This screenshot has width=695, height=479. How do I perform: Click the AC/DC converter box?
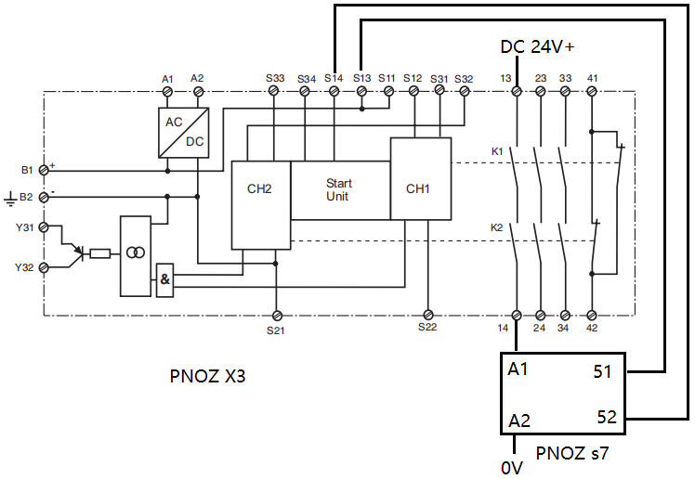coord(183,133)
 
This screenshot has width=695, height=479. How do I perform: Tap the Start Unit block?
coord(338,189)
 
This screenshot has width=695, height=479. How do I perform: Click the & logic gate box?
coord(165,279)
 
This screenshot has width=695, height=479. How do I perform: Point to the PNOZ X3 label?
coord(208,377)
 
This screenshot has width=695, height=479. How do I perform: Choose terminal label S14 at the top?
coord(334,78)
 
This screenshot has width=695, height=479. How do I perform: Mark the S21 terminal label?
coord(276,330)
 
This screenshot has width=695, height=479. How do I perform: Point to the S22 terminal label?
coord(427,328)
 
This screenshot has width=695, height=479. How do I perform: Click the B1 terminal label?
coord(26,171)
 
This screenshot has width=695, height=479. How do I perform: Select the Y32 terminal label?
coord(23,266)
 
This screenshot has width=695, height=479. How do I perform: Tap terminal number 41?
coord(592,78)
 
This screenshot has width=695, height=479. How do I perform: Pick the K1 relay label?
coord(497,150)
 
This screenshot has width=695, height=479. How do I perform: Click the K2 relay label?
coord(497,228)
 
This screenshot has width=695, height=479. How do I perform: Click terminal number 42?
coord(592,328)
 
